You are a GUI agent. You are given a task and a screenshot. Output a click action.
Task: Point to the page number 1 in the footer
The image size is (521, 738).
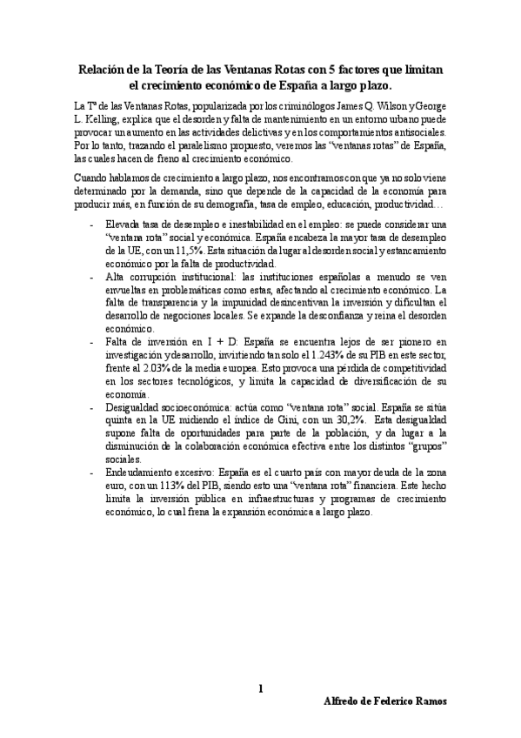pyautogui.click(x=260, y=689)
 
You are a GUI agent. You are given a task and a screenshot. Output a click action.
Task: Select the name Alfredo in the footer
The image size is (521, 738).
pyautogui.click(x=344, y=701)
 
